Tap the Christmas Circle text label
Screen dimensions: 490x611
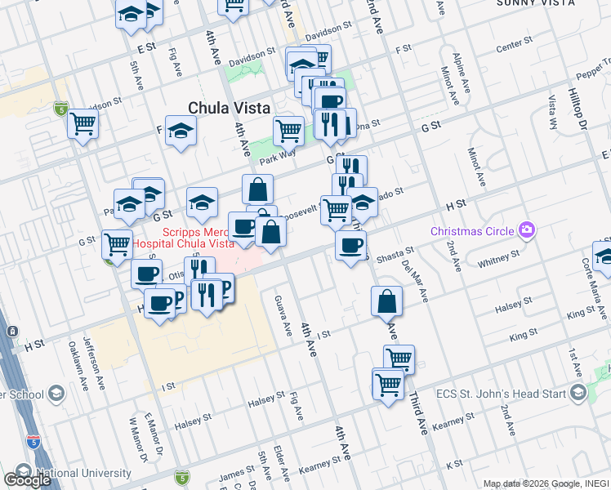474,230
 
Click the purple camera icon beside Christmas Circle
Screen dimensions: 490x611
528,230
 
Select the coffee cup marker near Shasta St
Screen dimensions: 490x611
350,245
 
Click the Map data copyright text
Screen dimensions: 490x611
546,483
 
